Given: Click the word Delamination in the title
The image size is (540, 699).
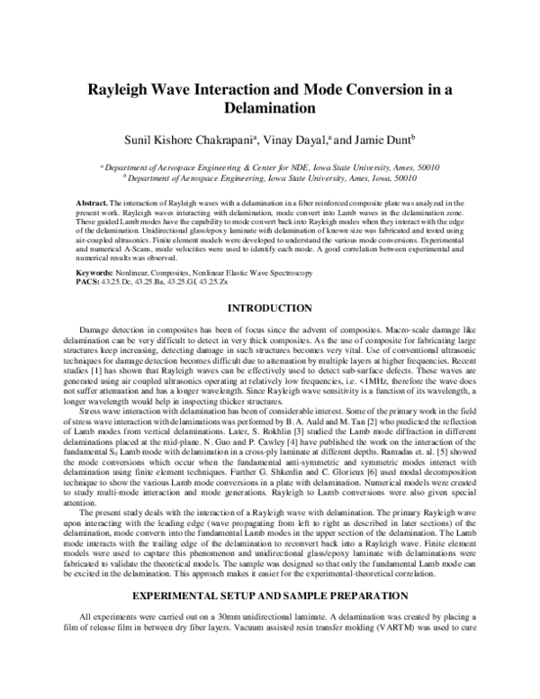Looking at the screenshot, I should coord(268,109).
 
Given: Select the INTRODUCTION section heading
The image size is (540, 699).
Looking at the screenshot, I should coord(269,308).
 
